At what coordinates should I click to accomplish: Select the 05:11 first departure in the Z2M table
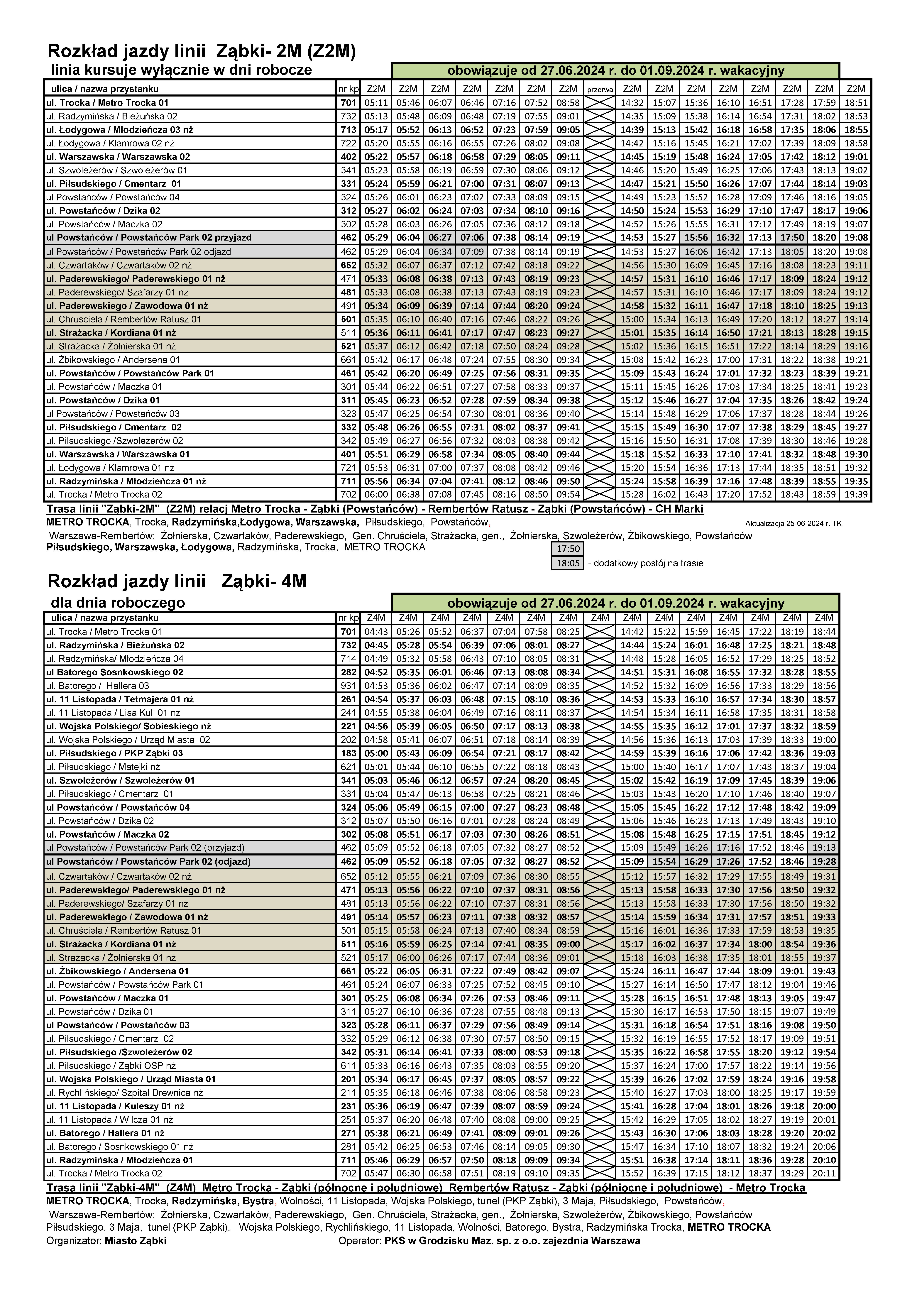click(x=376, y=103)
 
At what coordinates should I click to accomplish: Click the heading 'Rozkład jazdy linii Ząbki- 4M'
click(x=177, y=581)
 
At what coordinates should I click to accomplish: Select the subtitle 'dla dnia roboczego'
click(x=118, y=602)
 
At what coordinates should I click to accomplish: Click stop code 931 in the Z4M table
click(x=349, y=686)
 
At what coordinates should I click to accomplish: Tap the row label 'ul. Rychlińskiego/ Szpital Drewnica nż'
click(x=124, y=1093)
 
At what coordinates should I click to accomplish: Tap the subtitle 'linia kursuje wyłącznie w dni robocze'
click(x=181, y=70)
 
